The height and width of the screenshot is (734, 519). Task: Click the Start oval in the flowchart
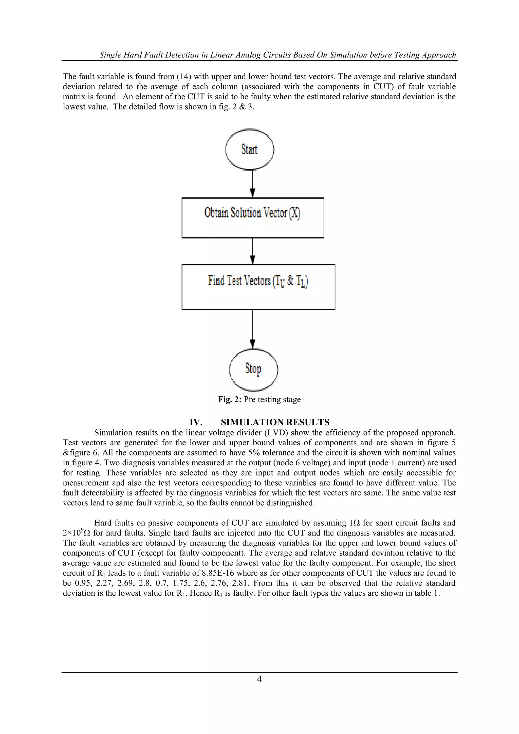(x=249, y=149)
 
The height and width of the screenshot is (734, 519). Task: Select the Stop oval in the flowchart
(x=253, y=369)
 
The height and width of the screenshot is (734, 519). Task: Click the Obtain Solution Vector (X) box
(x=252, y=218)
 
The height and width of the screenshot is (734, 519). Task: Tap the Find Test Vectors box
(x=258, y=286)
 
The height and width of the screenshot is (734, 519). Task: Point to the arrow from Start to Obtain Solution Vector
(x=253, y=184)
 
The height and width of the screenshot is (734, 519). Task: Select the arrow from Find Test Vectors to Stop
(x=253, y=329)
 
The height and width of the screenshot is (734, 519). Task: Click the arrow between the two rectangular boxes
(x=253, y=251)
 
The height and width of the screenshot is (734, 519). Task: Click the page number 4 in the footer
(x=259, y=679)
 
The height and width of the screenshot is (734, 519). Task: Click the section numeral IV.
(x=196, y=422)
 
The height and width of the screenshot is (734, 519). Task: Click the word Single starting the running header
(x=110, y=55)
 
